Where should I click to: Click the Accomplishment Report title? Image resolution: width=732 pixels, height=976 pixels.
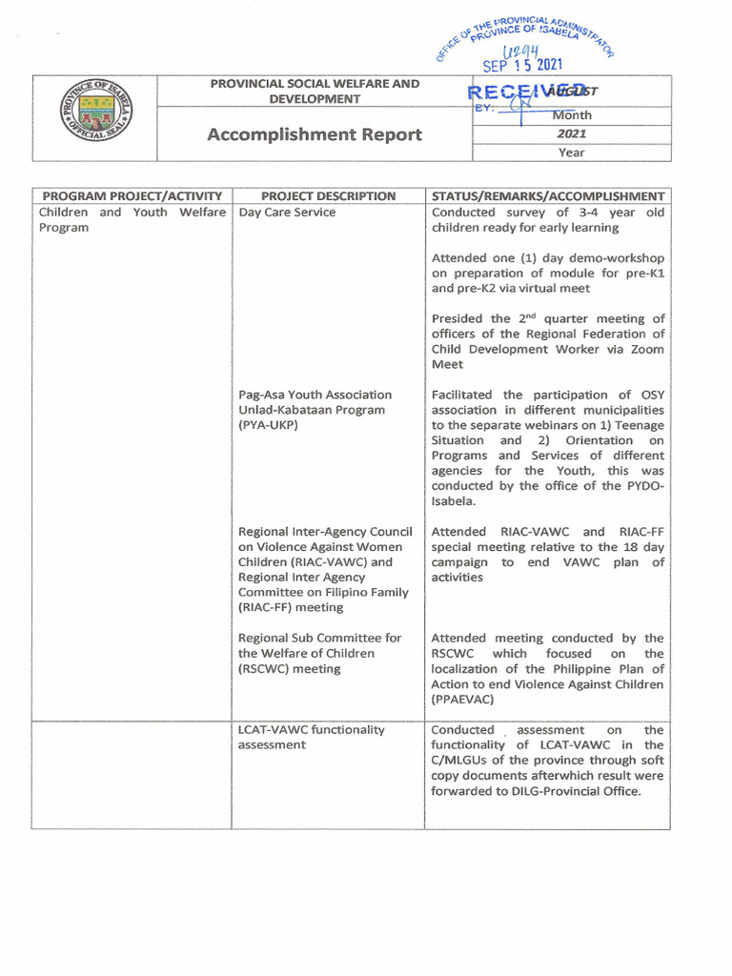click(x=315, y=134)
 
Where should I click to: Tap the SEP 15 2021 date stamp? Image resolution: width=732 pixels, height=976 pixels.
click(x=522, y=66)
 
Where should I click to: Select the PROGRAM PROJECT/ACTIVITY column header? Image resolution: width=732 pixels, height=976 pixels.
click(x=132, y=196)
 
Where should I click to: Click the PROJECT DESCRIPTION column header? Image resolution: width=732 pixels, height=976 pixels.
click(x=328, y=196)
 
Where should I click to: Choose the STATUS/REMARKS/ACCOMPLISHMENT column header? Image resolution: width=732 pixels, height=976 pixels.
click(x=548, y=196)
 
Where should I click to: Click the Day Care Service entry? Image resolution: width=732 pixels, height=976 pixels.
click(x=287, y=213)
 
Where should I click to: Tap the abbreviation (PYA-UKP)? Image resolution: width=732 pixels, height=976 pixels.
click(x=269, y=425)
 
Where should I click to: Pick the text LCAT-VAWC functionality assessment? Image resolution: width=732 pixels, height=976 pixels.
click(x=311, y=737)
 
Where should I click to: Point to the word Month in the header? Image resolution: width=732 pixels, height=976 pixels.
click(x=572, y=115)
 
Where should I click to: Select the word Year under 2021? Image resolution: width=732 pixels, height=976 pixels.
click(x=572, y=152)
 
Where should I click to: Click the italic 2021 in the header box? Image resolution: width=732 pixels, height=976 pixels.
click(x=572, y=134)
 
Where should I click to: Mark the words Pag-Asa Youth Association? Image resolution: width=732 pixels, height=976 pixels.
click(x=315, y=395)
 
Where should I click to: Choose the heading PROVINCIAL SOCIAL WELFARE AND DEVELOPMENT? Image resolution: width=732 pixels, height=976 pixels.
click(x=315, y=91)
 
